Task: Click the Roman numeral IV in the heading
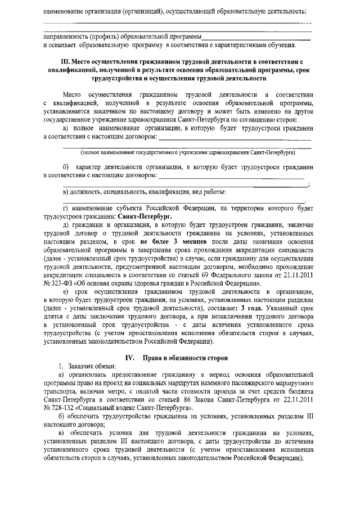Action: pyautogui.click(x=129, y=358)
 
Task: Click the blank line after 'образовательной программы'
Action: pyautogui.click(x=256, y=37)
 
